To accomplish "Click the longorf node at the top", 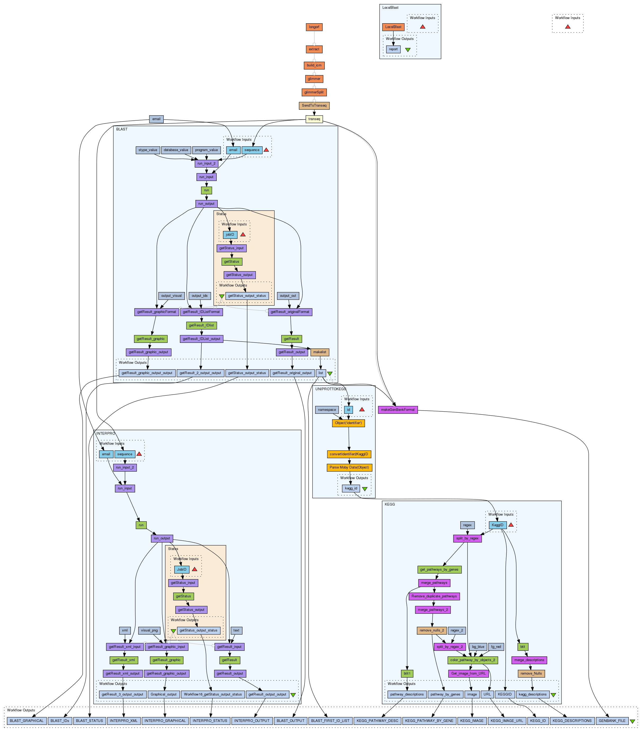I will (x=314, y=27).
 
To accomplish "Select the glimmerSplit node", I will (x=314, y=92).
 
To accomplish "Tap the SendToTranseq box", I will (x=314, y=106).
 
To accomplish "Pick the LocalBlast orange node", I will (x=393, y=27).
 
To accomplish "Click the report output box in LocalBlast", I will (x=393, y=49).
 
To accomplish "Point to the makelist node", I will (x=320, y=352).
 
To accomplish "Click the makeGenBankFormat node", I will (x=398, y=410).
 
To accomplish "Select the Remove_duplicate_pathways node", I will (x=434, y=596).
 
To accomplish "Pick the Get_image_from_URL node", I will (x=468, y=673).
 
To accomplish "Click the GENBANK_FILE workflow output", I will (x=612, y=721).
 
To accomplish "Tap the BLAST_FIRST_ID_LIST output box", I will (x=330, y=721).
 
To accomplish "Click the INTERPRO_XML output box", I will (x=123, y=721).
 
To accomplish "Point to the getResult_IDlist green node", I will (x=201, y=325).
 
